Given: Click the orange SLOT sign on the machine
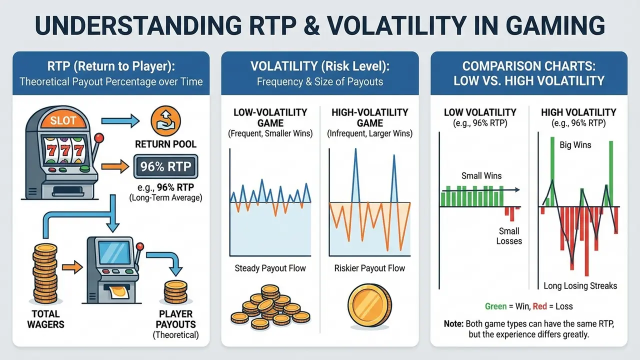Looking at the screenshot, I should click(x=63, y=121).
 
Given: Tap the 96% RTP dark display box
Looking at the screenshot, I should click(x=165, y=166).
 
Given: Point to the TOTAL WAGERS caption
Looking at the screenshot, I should click(x=45, y=319).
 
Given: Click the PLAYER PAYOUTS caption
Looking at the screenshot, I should click(x=175, y=319).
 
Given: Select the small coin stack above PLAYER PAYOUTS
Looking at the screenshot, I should click(x=175, y=290).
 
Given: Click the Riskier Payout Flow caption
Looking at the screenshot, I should click(x=369, y=268).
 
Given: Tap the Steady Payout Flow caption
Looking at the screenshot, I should click(x=270, y=268).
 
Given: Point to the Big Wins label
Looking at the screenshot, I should click(x=575, y=145).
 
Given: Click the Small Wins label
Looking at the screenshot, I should click(x=481, y=175).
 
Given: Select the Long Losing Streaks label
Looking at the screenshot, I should click(x=580, y=286).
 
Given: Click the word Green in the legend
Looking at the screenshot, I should click(x=496, y=306).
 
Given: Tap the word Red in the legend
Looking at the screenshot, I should click(x=539, y=306).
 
